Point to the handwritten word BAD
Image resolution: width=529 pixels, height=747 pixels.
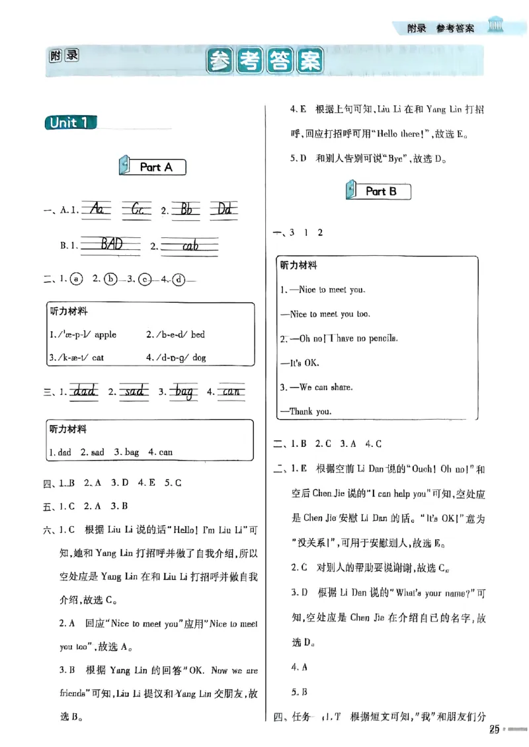pyautogui.click(x=110, y=245)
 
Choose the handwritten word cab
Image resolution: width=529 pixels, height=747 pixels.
pyautogui.click(x=190, y=245)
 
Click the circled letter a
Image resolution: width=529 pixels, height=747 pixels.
pyautogui.click(x=77, y=279)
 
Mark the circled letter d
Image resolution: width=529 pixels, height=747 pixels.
pyautogui.click(x=179, y=279)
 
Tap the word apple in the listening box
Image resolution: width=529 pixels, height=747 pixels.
pyautogui.click(x=105, y=334)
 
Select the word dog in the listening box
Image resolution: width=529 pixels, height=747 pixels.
pyautogui.click(x=199, y=357)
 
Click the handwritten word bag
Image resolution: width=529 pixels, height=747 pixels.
pyautogui.click(x=184, y=392)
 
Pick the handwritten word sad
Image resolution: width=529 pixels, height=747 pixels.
pyautogui.click(x=134, y=392)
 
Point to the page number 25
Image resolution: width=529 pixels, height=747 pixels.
pyautogui.click(x=493, y=729)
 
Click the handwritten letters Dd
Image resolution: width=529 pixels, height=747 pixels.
pyautogui.click(x=225, y=210)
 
